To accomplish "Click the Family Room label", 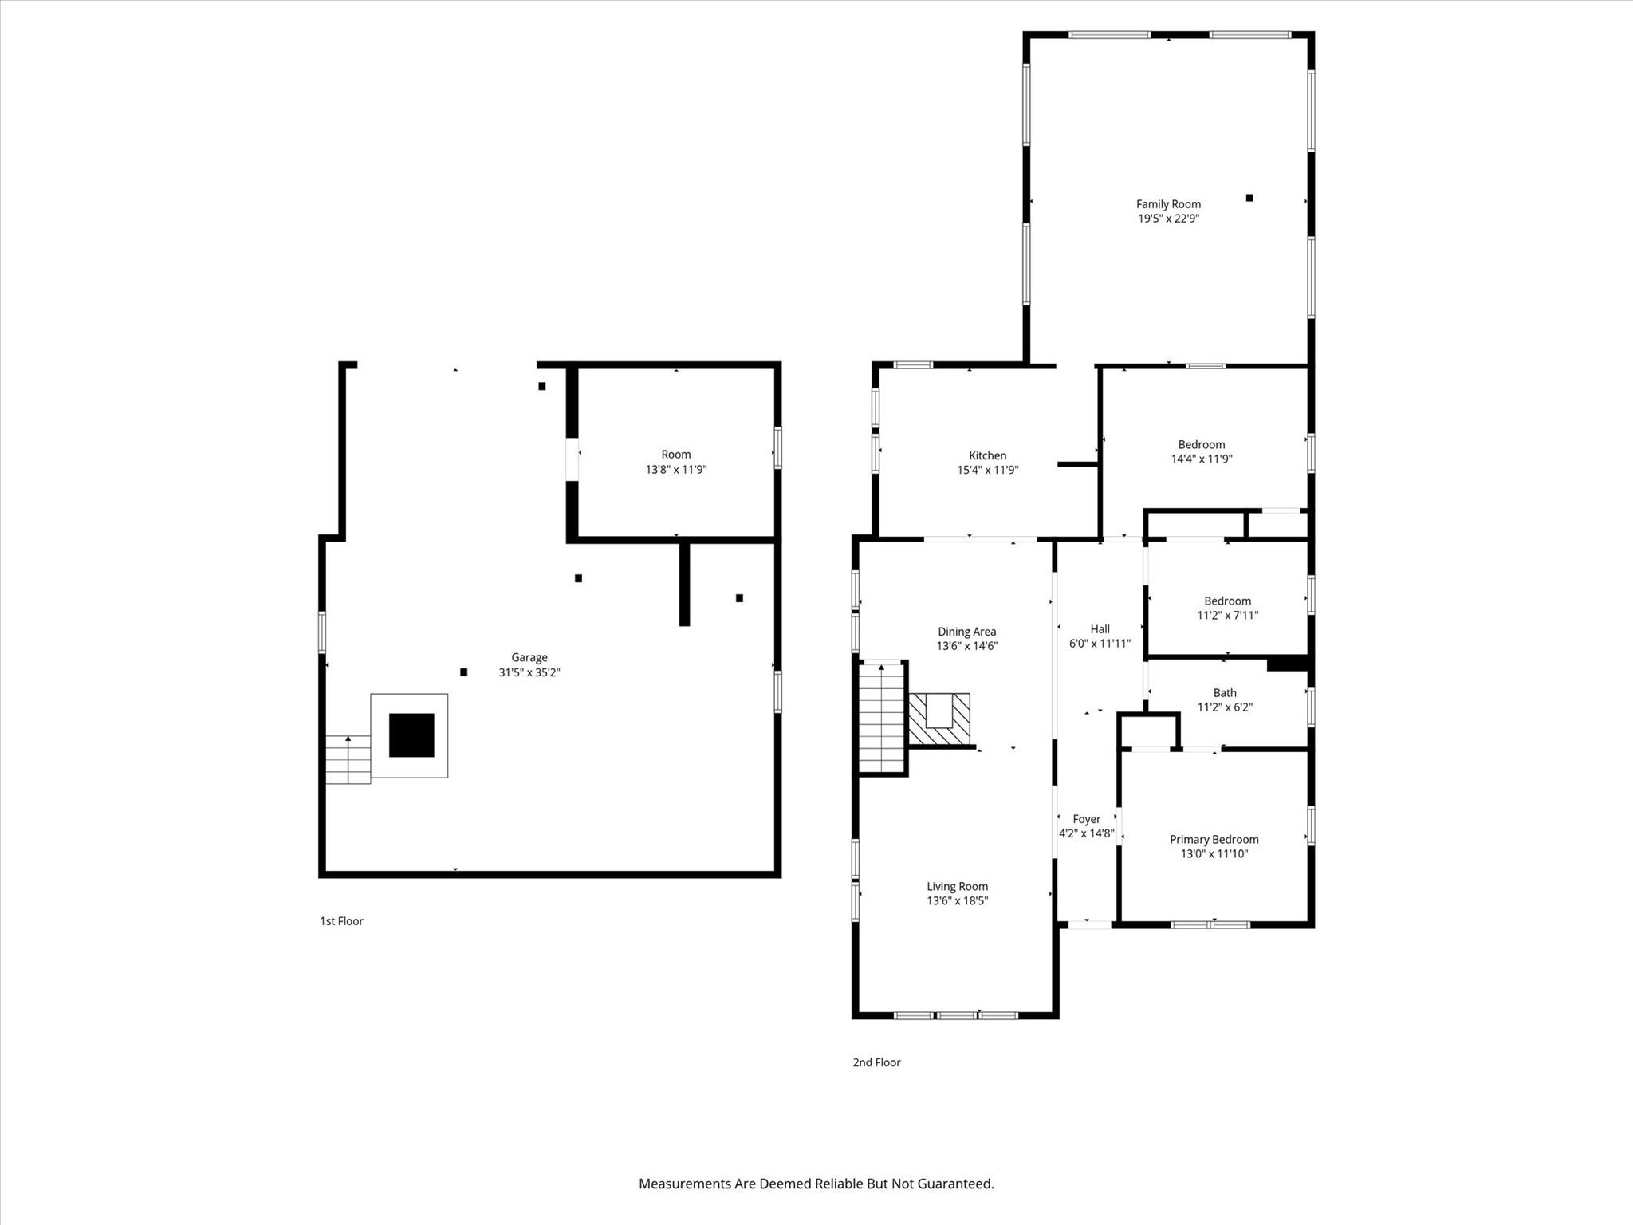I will point(1168,204).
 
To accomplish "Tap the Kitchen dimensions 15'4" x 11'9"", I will point(987,471).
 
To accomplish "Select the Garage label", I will point(529,658).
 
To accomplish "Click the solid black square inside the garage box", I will point(411,735).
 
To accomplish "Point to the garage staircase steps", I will point(348,759).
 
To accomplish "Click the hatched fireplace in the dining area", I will point(939,719).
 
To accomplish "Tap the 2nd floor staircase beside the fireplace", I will point(881,718).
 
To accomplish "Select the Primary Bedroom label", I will point(1214,840).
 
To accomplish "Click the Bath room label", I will point(1225,693).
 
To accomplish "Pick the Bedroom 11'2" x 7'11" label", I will point(1227,601).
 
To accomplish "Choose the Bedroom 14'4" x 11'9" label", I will point(1201,445).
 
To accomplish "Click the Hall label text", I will point(1100,629).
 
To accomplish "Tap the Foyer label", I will point(1086,819).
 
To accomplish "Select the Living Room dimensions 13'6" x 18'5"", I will point(957,901).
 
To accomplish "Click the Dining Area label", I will point(966,632).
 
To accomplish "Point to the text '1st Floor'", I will point(341,921).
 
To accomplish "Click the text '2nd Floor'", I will point(876,1062).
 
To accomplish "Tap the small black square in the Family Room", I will point(1249,198).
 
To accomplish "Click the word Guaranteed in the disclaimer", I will point(954,1184).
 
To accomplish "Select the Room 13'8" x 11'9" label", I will point(675,455).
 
